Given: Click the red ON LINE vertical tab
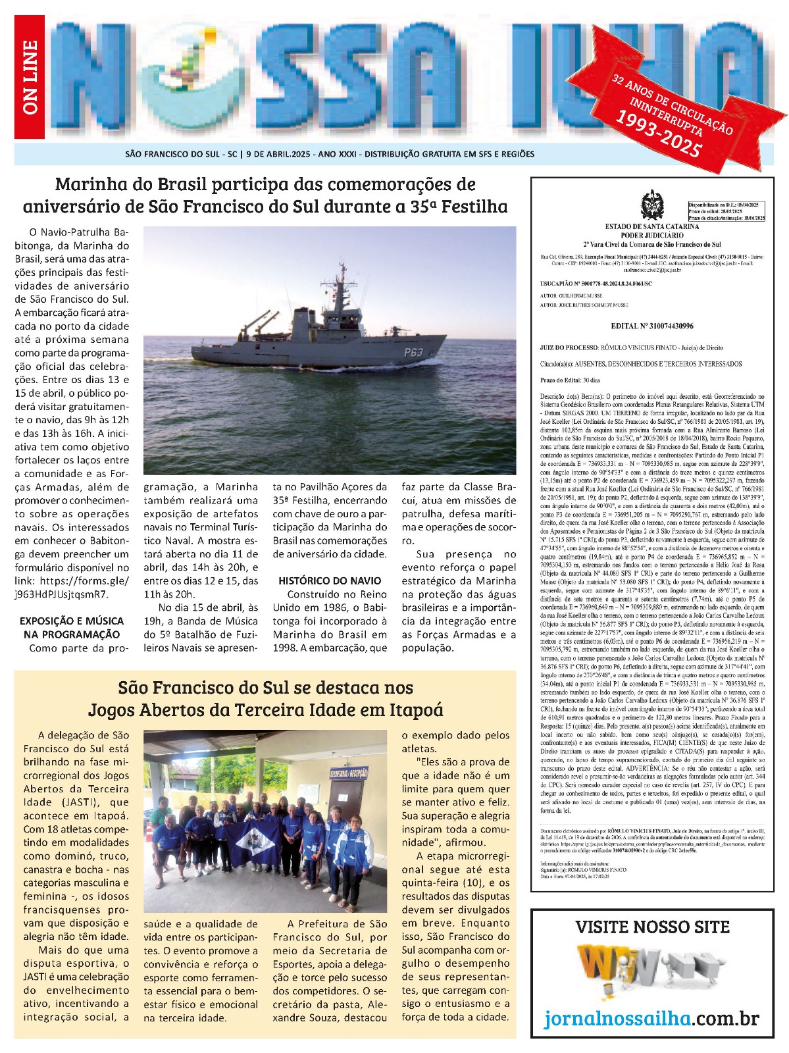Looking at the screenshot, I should click(30, 77).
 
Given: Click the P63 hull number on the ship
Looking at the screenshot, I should click(413, 352).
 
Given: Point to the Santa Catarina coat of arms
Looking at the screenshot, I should click(653, 205).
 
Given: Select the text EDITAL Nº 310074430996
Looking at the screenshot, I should click(652, 326).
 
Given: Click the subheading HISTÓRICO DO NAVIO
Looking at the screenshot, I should click(330, 580).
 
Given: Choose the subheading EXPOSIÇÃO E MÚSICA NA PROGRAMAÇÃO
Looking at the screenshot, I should click(72, 627).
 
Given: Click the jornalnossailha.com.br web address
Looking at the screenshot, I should click(651, 1019).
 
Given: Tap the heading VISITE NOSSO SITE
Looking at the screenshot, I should click(652, 927).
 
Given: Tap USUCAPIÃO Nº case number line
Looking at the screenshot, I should click(596, 284).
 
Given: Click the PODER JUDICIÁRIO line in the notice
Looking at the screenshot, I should click(652, 235).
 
